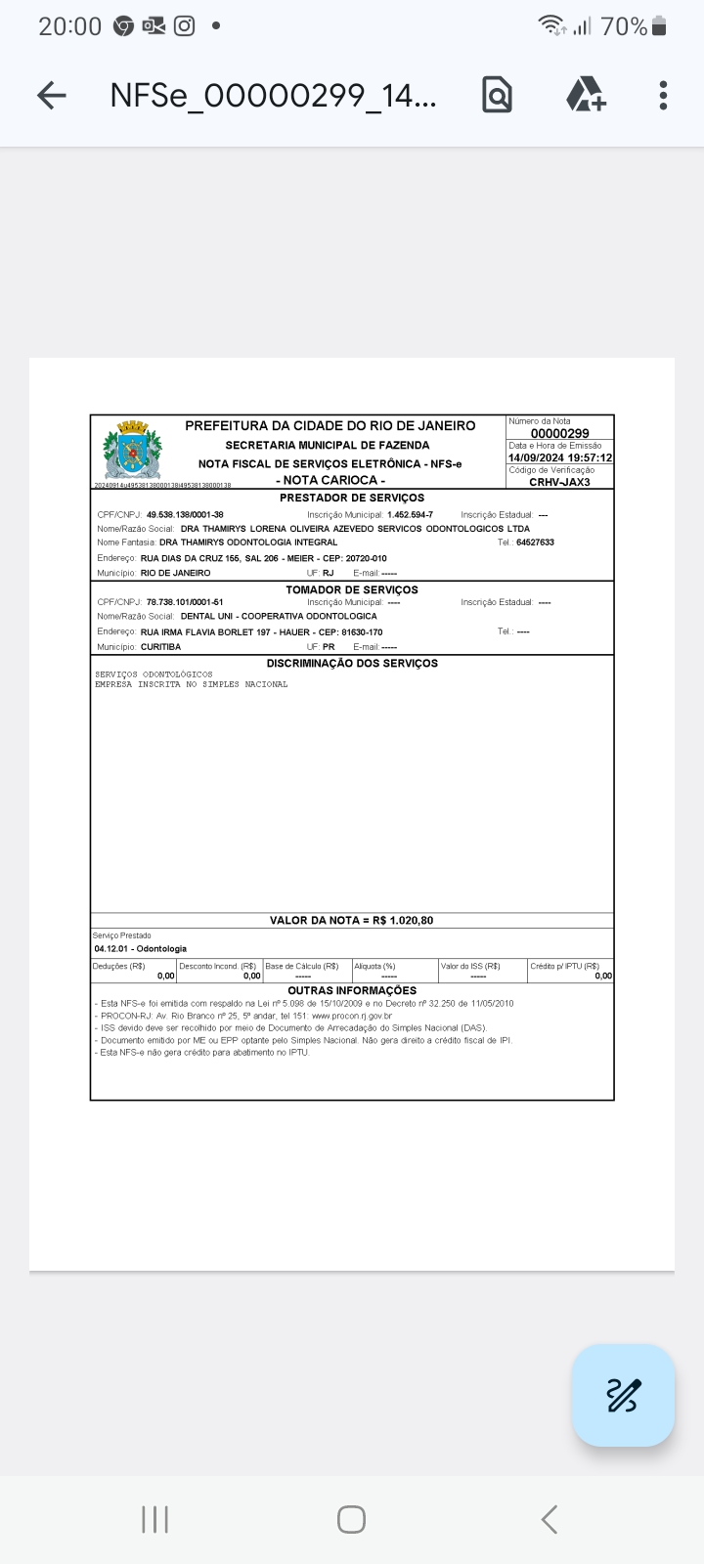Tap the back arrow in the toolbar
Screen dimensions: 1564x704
[52, 95]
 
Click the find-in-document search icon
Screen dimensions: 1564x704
[497, 95]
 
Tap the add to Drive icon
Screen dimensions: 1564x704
[586, 95]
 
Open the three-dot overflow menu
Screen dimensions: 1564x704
[663, 95]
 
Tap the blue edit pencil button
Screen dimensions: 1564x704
[623, 1395]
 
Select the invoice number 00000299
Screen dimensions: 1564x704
[559, 433]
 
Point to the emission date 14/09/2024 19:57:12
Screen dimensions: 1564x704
[560, 457]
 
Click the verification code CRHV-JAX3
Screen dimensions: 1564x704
[559, 482]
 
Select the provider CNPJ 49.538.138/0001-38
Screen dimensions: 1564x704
[185, 514]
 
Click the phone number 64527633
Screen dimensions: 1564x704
[535, 542]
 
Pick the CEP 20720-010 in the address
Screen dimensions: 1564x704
[366, 558]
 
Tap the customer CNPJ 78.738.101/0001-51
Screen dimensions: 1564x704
[185, 602]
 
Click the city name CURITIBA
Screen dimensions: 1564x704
[160, 647]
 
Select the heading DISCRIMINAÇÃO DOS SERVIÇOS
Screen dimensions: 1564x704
[352, 663]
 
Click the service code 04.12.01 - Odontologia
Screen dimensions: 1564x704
[140, 948]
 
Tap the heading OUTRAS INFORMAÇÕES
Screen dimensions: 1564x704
[352, 990]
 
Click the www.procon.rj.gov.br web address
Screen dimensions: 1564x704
[352, 1016]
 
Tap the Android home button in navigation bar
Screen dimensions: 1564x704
[351, 1519]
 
